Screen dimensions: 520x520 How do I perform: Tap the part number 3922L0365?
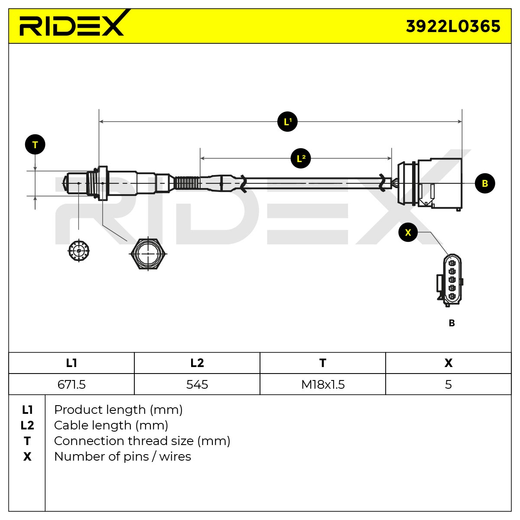pos(453,26)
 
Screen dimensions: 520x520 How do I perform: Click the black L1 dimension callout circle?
pos(287,122)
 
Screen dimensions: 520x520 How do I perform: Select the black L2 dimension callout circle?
pos(301,159)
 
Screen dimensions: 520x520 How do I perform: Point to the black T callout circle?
pos(35,144)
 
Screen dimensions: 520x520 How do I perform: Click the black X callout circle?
pos(408,232)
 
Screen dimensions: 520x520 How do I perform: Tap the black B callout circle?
pos(485,183)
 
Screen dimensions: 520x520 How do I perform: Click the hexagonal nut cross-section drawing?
pos(148,253)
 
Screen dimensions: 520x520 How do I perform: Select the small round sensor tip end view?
pos(78,251)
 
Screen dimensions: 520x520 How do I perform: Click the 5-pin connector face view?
pos(449,280)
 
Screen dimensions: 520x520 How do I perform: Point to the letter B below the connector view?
pos(452,323)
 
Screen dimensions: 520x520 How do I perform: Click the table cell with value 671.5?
pos(71,384)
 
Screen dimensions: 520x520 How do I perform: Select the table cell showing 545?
pos(197,384)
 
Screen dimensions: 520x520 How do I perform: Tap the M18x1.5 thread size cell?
pos(323,384)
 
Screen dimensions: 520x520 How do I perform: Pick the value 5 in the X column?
pos(448,384)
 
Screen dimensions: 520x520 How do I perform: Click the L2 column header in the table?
pos(197,363)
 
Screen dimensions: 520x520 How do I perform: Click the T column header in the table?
pos(323,363)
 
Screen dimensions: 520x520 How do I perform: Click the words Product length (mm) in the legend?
pos(118,409)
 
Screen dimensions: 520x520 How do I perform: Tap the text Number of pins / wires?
pos(123,457)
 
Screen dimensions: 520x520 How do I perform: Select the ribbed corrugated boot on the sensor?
pos(187,183)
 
